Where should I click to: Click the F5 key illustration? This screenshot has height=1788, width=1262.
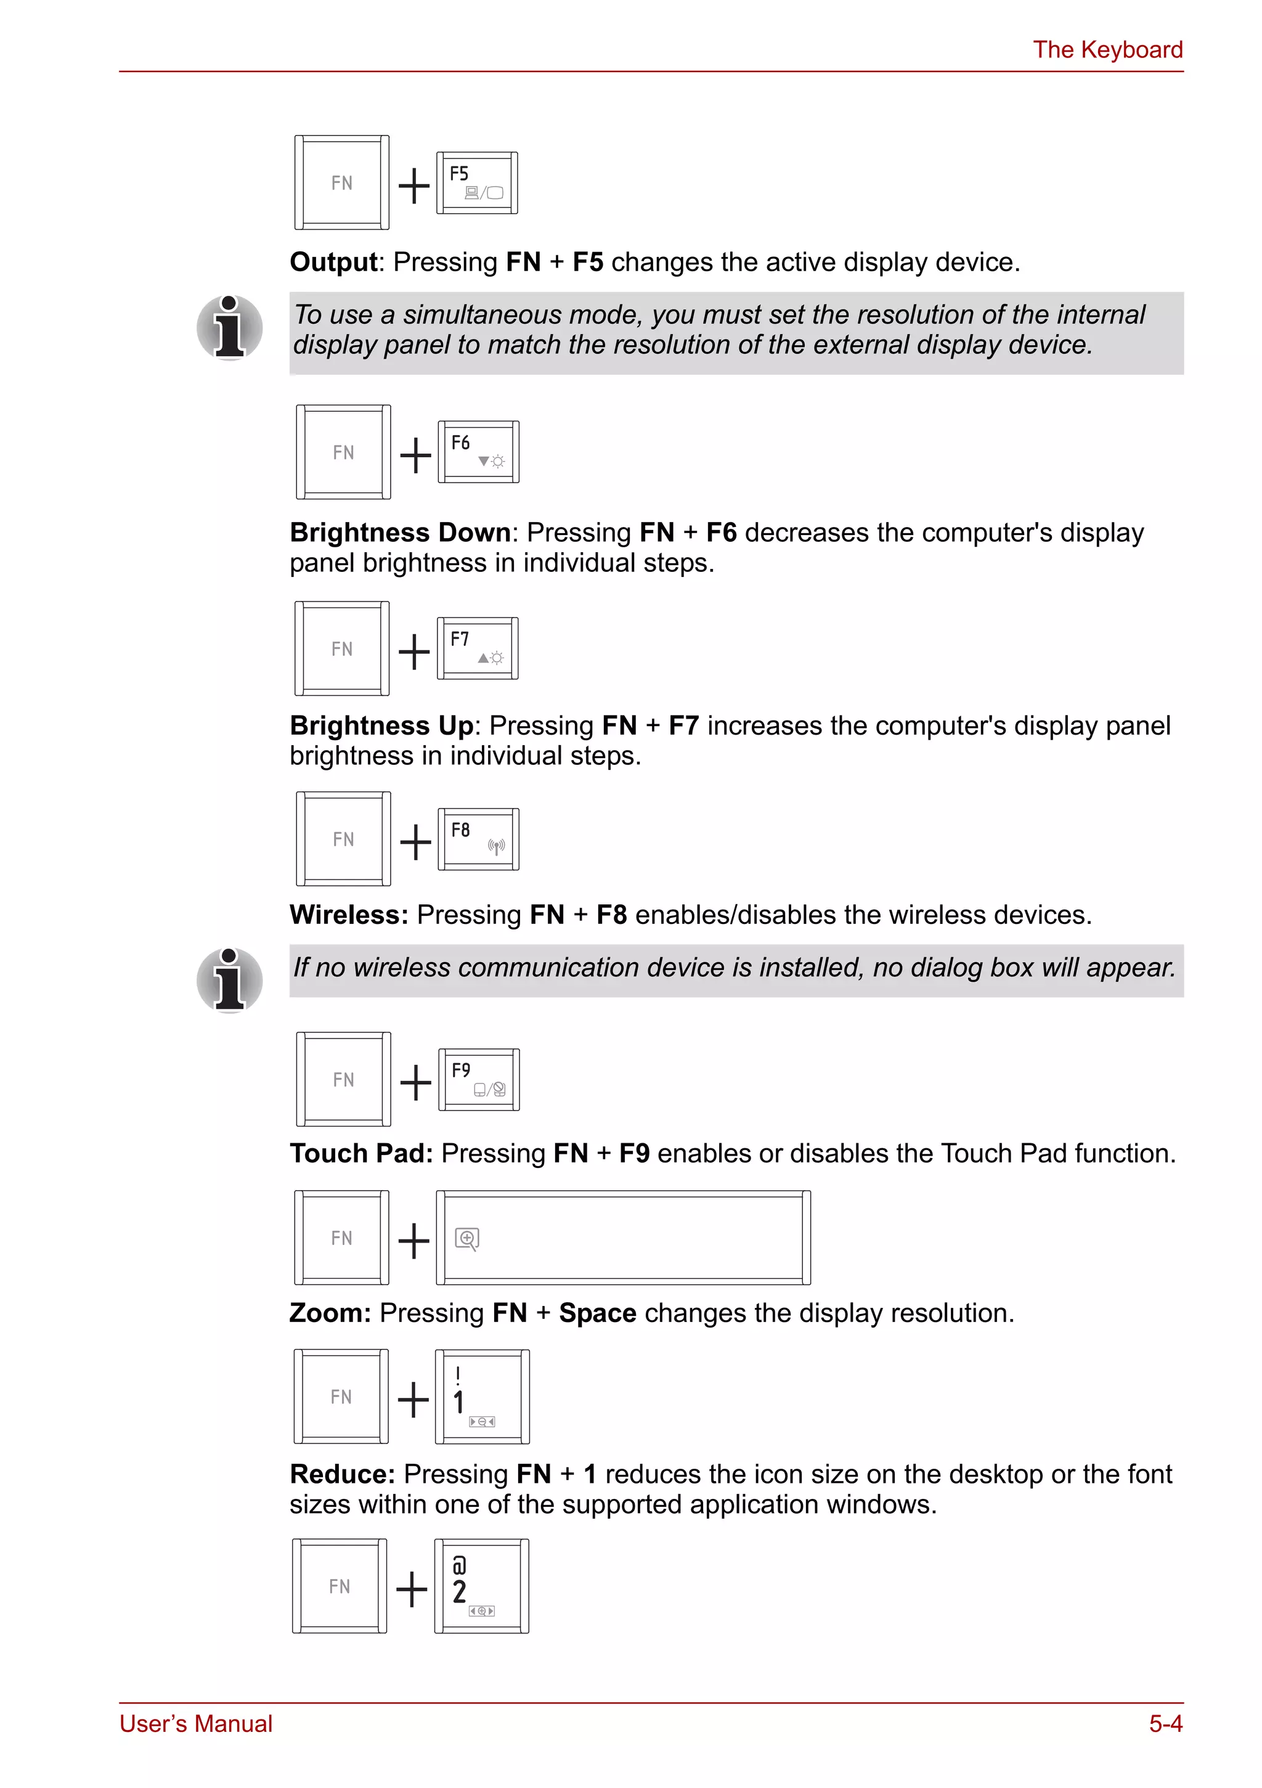click(476, 183)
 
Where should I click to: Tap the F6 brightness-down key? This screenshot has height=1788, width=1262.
click(478, 452)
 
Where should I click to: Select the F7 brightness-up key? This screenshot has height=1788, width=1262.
click(477, 648)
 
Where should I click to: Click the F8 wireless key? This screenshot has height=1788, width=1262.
click(478, 839)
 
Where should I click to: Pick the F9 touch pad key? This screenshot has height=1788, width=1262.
click(478, 1079)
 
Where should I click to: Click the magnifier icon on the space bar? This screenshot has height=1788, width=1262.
click(466, 1238)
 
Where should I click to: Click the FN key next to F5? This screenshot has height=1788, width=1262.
click(342, 183)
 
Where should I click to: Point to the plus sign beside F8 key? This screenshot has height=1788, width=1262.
click(415, 842)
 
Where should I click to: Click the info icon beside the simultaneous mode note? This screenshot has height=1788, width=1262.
click(230, 328)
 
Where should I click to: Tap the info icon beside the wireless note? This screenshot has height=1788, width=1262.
click(230, 981)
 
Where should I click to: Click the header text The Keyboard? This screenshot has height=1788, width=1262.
click(1107, 50)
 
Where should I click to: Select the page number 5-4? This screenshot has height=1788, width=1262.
click(1165, 1723)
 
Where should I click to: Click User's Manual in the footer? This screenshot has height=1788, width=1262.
click(196, 1723)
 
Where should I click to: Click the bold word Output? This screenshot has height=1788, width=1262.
click(333, 263)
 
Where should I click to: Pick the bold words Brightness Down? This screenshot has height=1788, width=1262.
click(400, 533)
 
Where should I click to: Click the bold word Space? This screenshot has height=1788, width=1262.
click(597, 1313)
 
